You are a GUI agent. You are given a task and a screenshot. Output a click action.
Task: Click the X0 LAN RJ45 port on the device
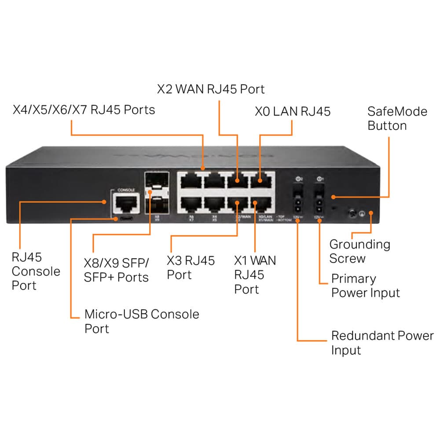tap(260, 181)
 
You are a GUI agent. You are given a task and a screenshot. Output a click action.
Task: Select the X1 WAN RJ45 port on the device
tap(260, 203)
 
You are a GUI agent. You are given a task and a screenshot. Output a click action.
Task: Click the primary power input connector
tap(320, 200)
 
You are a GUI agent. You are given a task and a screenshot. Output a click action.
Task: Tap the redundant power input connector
tap(297, 200)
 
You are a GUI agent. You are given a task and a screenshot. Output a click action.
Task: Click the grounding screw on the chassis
tap(352, 214)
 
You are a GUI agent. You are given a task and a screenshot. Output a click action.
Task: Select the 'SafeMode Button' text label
tap(391, 118)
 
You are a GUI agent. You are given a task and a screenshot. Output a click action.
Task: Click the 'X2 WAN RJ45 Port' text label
tap(211, 89)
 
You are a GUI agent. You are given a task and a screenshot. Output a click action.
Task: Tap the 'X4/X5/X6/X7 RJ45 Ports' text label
tap(84, 109)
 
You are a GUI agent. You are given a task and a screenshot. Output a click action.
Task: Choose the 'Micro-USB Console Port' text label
tap(141, 321)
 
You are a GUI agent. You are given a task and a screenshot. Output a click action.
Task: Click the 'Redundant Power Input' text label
tap(382, 343)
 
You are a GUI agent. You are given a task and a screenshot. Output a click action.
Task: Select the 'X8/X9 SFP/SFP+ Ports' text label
tap(117, 270)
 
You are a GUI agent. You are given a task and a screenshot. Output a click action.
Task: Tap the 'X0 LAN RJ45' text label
tap(292, 111)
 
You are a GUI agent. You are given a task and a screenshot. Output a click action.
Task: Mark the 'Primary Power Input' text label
tap(365, 286)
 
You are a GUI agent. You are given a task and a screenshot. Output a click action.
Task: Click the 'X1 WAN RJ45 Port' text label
tap(255, 275)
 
